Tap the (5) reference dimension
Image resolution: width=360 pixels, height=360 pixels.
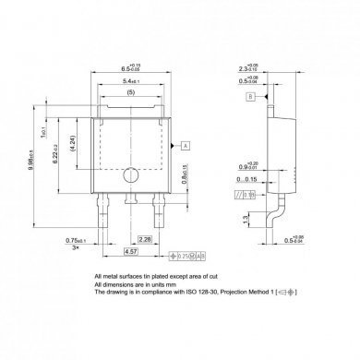pos(132,94)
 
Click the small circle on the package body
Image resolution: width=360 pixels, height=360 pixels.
pos(133,174)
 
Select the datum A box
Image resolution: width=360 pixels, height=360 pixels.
pos(186,145)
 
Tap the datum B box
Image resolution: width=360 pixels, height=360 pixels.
pos(249,95)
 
